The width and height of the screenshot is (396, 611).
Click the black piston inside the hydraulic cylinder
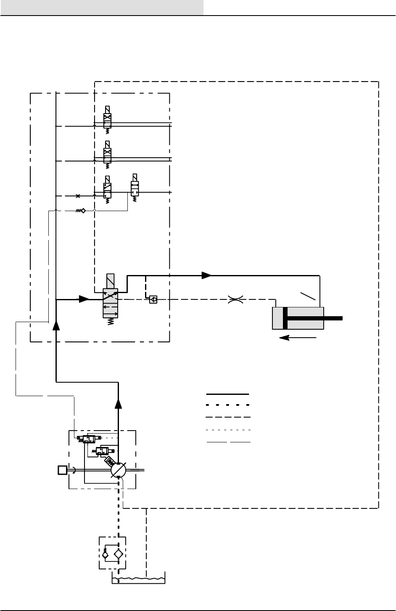click(285, 318)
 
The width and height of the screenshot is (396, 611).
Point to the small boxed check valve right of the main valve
click(153, 300)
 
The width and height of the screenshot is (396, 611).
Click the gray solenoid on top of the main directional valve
click(111, 281)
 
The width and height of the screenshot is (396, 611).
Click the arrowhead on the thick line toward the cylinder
click(206, 275)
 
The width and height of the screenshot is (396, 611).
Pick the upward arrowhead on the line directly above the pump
click(119, 404)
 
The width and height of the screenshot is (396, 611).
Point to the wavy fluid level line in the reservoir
click(139, 578)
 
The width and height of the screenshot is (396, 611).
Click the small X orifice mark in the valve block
click(77, 196)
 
